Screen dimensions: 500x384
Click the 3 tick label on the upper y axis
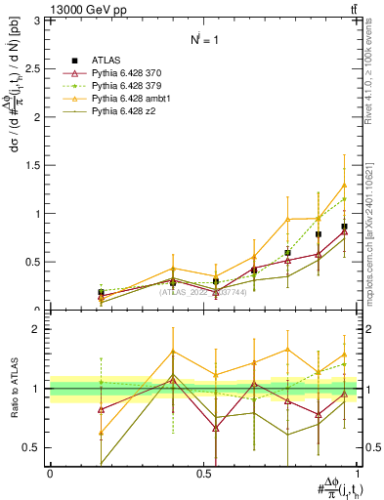point(40,21)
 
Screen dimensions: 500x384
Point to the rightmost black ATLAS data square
point(344,227)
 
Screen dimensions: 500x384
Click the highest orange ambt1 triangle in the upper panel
point(344,186)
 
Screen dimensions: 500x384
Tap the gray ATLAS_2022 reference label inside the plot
point(203,291)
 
